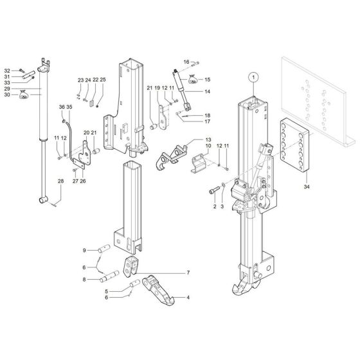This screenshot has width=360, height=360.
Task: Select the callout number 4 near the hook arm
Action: tap(188, 297)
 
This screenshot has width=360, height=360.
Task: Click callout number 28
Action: tap(60, 182)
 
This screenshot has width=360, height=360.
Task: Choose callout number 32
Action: tap(6, 70)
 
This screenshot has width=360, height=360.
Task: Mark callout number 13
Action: tap(207, 139)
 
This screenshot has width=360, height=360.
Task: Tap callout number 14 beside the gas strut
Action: tap(207, 92)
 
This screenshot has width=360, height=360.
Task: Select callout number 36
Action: tap(62, 107)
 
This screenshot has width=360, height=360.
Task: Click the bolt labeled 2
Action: tap(214, 192)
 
